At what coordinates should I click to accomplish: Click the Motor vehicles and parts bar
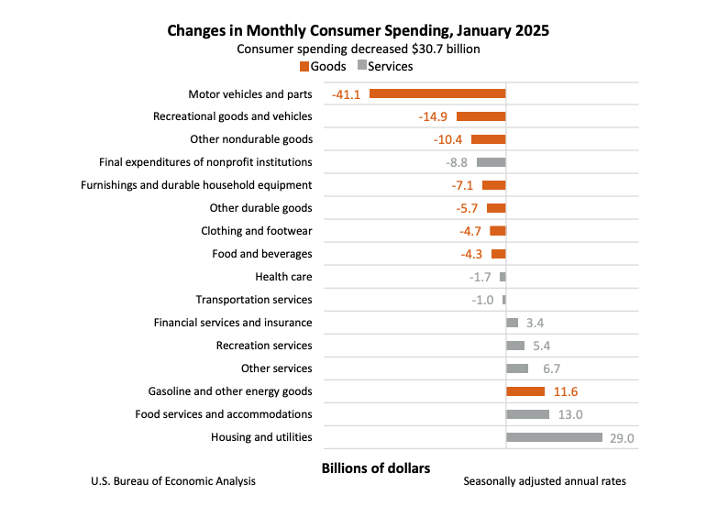pos(437,93)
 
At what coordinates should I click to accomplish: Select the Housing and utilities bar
pos(554,437)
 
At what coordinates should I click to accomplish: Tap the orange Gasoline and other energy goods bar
pos(525,391)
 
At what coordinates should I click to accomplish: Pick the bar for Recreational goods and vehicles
pos(481,116)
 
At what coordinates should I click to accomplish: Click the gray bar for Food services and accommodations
pos(527,414)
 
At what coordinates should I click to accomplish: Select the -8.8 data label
pos(457,163)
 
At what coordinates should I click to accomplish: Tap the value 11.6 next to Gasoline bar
pos(565,392)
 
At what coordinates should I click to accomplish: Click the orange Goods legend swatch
pos(304,66)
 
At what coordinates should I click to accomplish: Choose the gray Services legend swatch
pos(361,66)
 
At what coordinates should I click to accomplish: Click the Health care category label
pos(283,277)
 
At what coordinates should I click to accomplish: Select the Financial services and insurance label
pos(233,323)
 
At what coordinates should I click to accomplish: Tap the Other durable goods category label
pos(260,208)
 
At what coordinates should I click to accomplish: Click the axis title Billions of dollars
pos(375,468)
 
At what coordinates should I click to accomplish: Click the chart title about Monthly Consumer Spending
pos(358,30)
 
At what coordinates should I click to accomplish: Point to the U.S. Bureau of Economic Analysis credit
pos(173,481)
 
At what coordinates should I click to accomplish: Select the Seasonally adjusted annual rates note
pos(545,481)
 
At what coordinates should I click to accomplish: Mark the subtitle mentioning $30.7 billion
pos(358,49)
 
